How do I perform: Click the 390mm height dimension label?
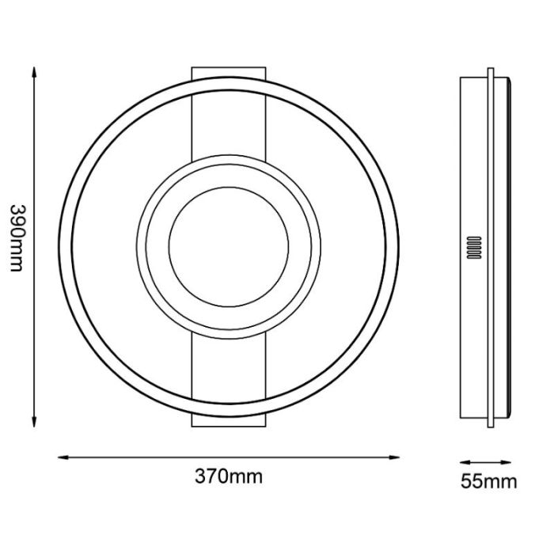(17, 238)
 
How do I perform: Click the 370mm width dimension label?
(229, 476)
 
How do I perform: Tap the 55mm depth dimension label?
(488, 481)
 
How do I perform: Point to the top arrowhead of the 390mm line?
(34, 73)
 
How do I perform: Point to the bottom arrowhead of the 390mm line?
(34, 421)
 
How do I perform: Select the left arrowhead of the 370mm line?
(63, 457)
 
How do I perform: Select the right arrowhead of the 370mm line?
(393, 457)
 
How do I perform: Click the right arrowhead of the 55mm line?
(506, 462)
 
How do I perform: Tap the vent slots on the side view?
(474, 248)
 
